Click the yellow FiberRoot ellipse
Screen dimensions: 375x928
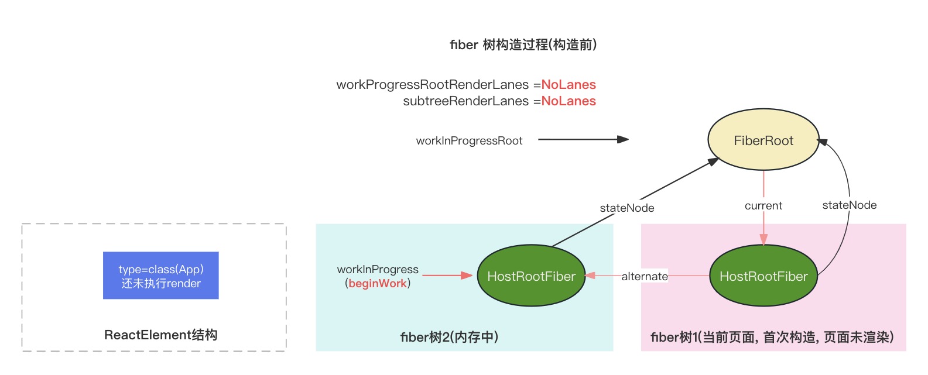point(763,140)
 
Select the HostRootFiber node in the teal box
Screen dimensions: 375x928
point(531,276)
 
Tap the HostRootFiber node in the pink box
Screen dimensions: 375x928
point(763,276)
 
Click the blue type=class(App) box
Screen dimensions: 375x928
point(160,276)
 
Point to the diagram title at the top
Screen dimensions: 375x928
point(523,45)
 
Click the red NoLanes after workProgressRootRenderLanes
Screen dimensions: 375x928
point(568,85)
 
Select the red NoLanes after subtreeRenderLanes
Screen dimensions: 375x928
point(568,101)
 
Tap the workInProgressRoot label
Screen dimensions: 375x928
point(469,141)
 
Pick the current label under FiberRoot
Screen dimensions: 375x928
point(763,206)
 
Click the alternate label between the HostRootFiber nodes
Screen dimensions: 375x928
point(644,276)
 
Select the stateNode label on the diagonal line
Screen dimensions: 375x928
point(626,208)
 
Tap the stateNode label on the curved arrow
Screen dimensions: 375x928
point(849,205)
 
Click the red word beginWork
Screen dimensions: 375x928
point(378,284)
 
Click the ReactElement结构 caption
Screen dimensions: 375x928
point(160,335)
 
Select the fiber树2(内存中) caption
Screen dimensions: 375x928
point(449,337)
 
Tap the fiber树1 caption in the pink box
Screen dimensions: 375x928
point(772,337)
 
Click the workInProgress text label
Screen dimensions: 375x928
point(378,270)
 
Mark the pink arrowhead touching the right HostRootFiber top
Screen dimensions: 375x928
point(763,239)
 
